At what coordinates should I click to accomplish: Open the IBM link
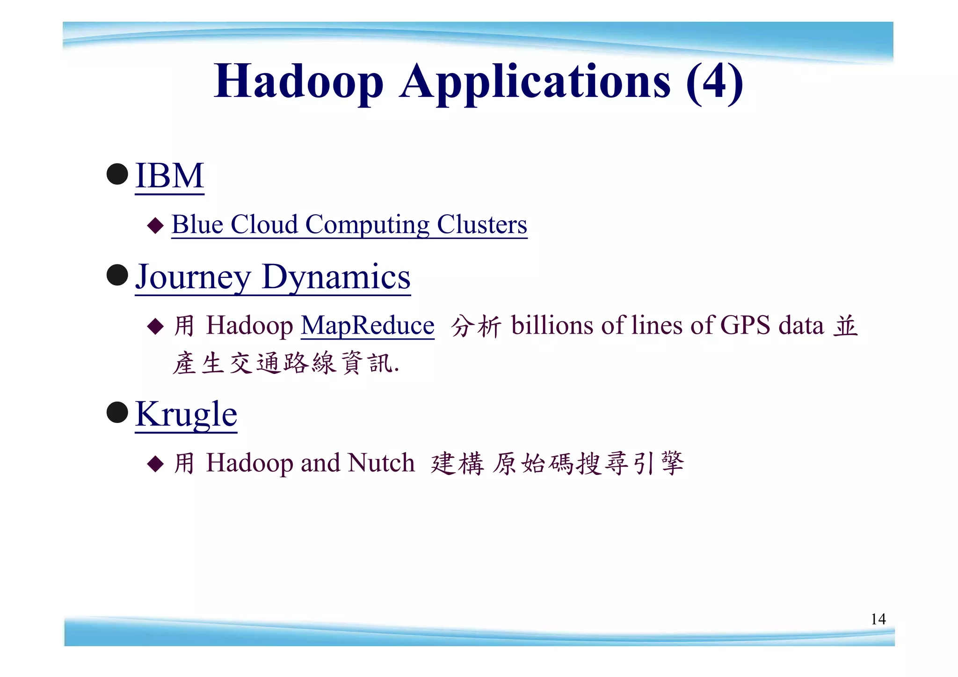coord(169,175)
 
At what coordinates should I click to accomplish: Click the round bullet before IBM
coord(117,174)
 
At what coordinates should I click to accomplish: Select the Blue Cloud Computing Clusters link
coord(349,225)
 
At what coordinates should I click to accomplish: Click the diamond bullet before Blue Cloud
coord(155,226)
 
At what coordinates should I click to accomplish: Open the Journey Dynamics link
coord(273,277)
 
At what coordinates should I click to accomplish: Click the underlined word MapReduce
coord(368,326)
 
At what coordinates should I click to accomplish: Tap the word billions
coord(552,325)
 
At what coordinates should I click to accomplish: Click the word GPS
coord(745,325)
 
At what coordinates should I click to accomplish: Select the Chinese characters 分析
coord(476,326)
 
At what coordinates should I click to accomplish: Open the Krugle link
coord(186,414)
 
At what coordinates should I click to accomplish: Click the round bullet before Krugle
coord(117,412)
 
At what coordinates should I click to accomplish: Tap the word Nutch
coord(381,463)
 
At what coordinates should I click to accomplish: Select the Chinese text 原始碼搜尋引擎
coord(588,464)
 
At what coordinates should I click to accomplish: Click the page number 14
coord(878,619)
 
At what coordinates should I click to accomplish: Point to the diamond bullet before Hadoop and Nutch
coord(155,464)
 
